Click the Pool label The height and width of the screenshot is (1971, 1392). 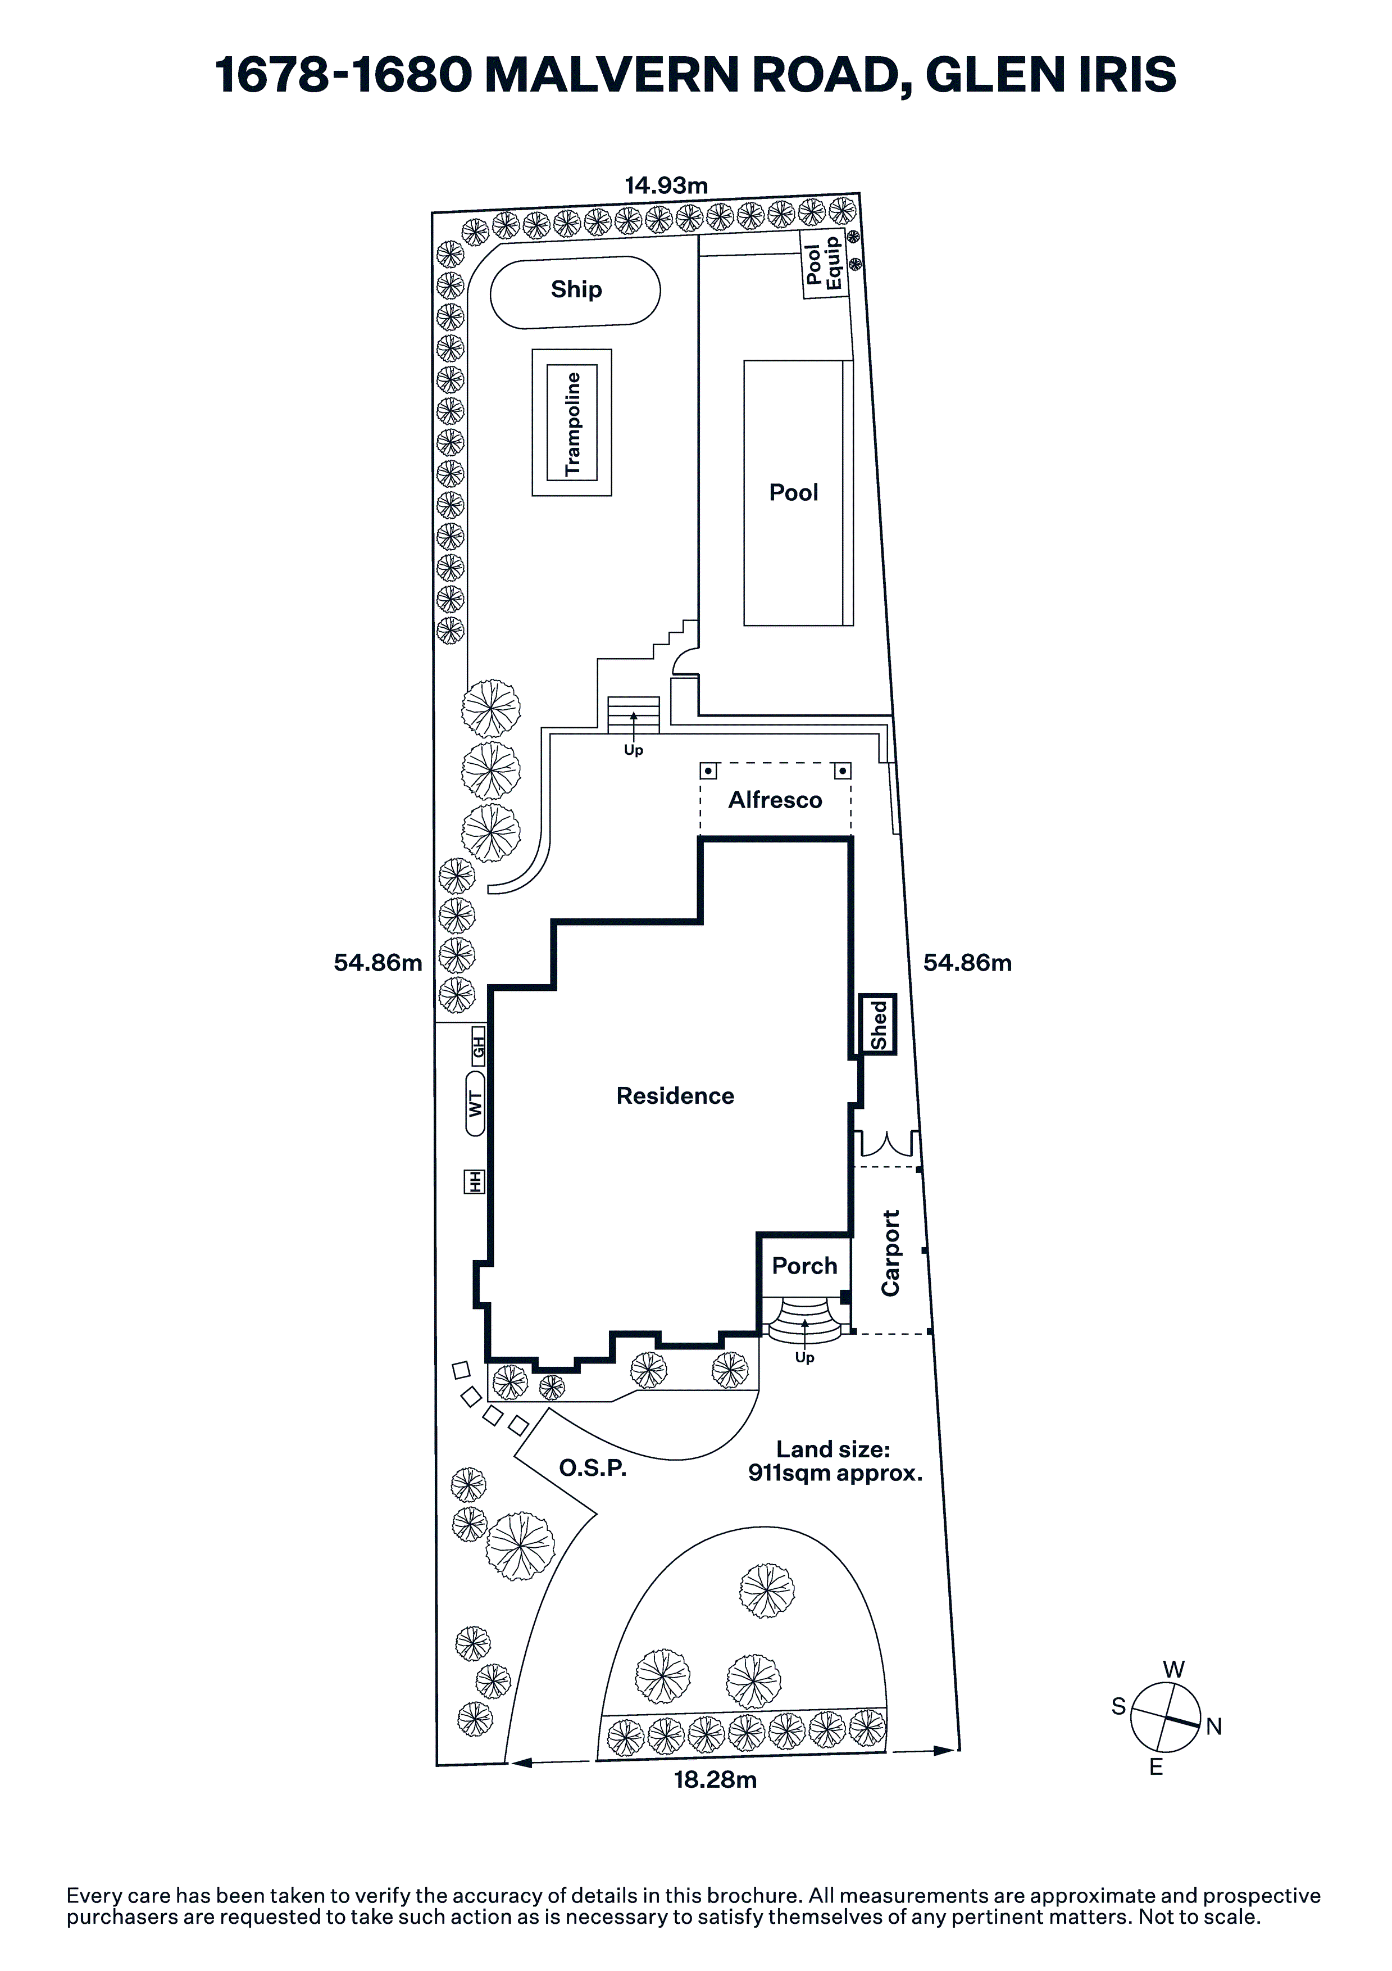click(x=793, y=493)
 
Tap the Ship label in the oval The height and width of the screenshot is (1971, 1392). click(x=576, y=289)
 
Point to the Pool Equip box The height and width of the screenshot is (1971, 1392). click(x=824, y=264)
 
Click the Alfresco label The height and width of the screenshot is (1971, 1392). click(x=775, y=800)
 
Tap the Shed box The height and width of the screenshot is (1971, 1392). click(x=878, y=1024)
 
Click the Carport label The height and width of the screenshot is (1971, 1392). click(x=891, y=1253)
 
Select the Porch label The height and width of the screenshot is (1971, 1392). click(x=804, y=1265)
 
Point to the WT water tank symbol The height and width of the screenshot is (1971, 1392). click(x=475, y=1103)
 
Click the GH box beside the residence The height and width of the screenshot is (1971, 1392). click(x=478, y=1046)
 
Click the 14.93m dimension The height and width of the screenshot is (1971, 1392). click(x=666, y=185)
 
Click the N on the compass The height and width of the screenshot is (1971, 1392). click(x=1213, y=1727)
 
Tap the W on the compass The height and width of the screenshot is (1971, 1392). click(x=1173, y=1669)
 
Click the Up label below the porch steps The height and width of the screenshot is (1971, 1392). click(x=804, y=1357)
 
